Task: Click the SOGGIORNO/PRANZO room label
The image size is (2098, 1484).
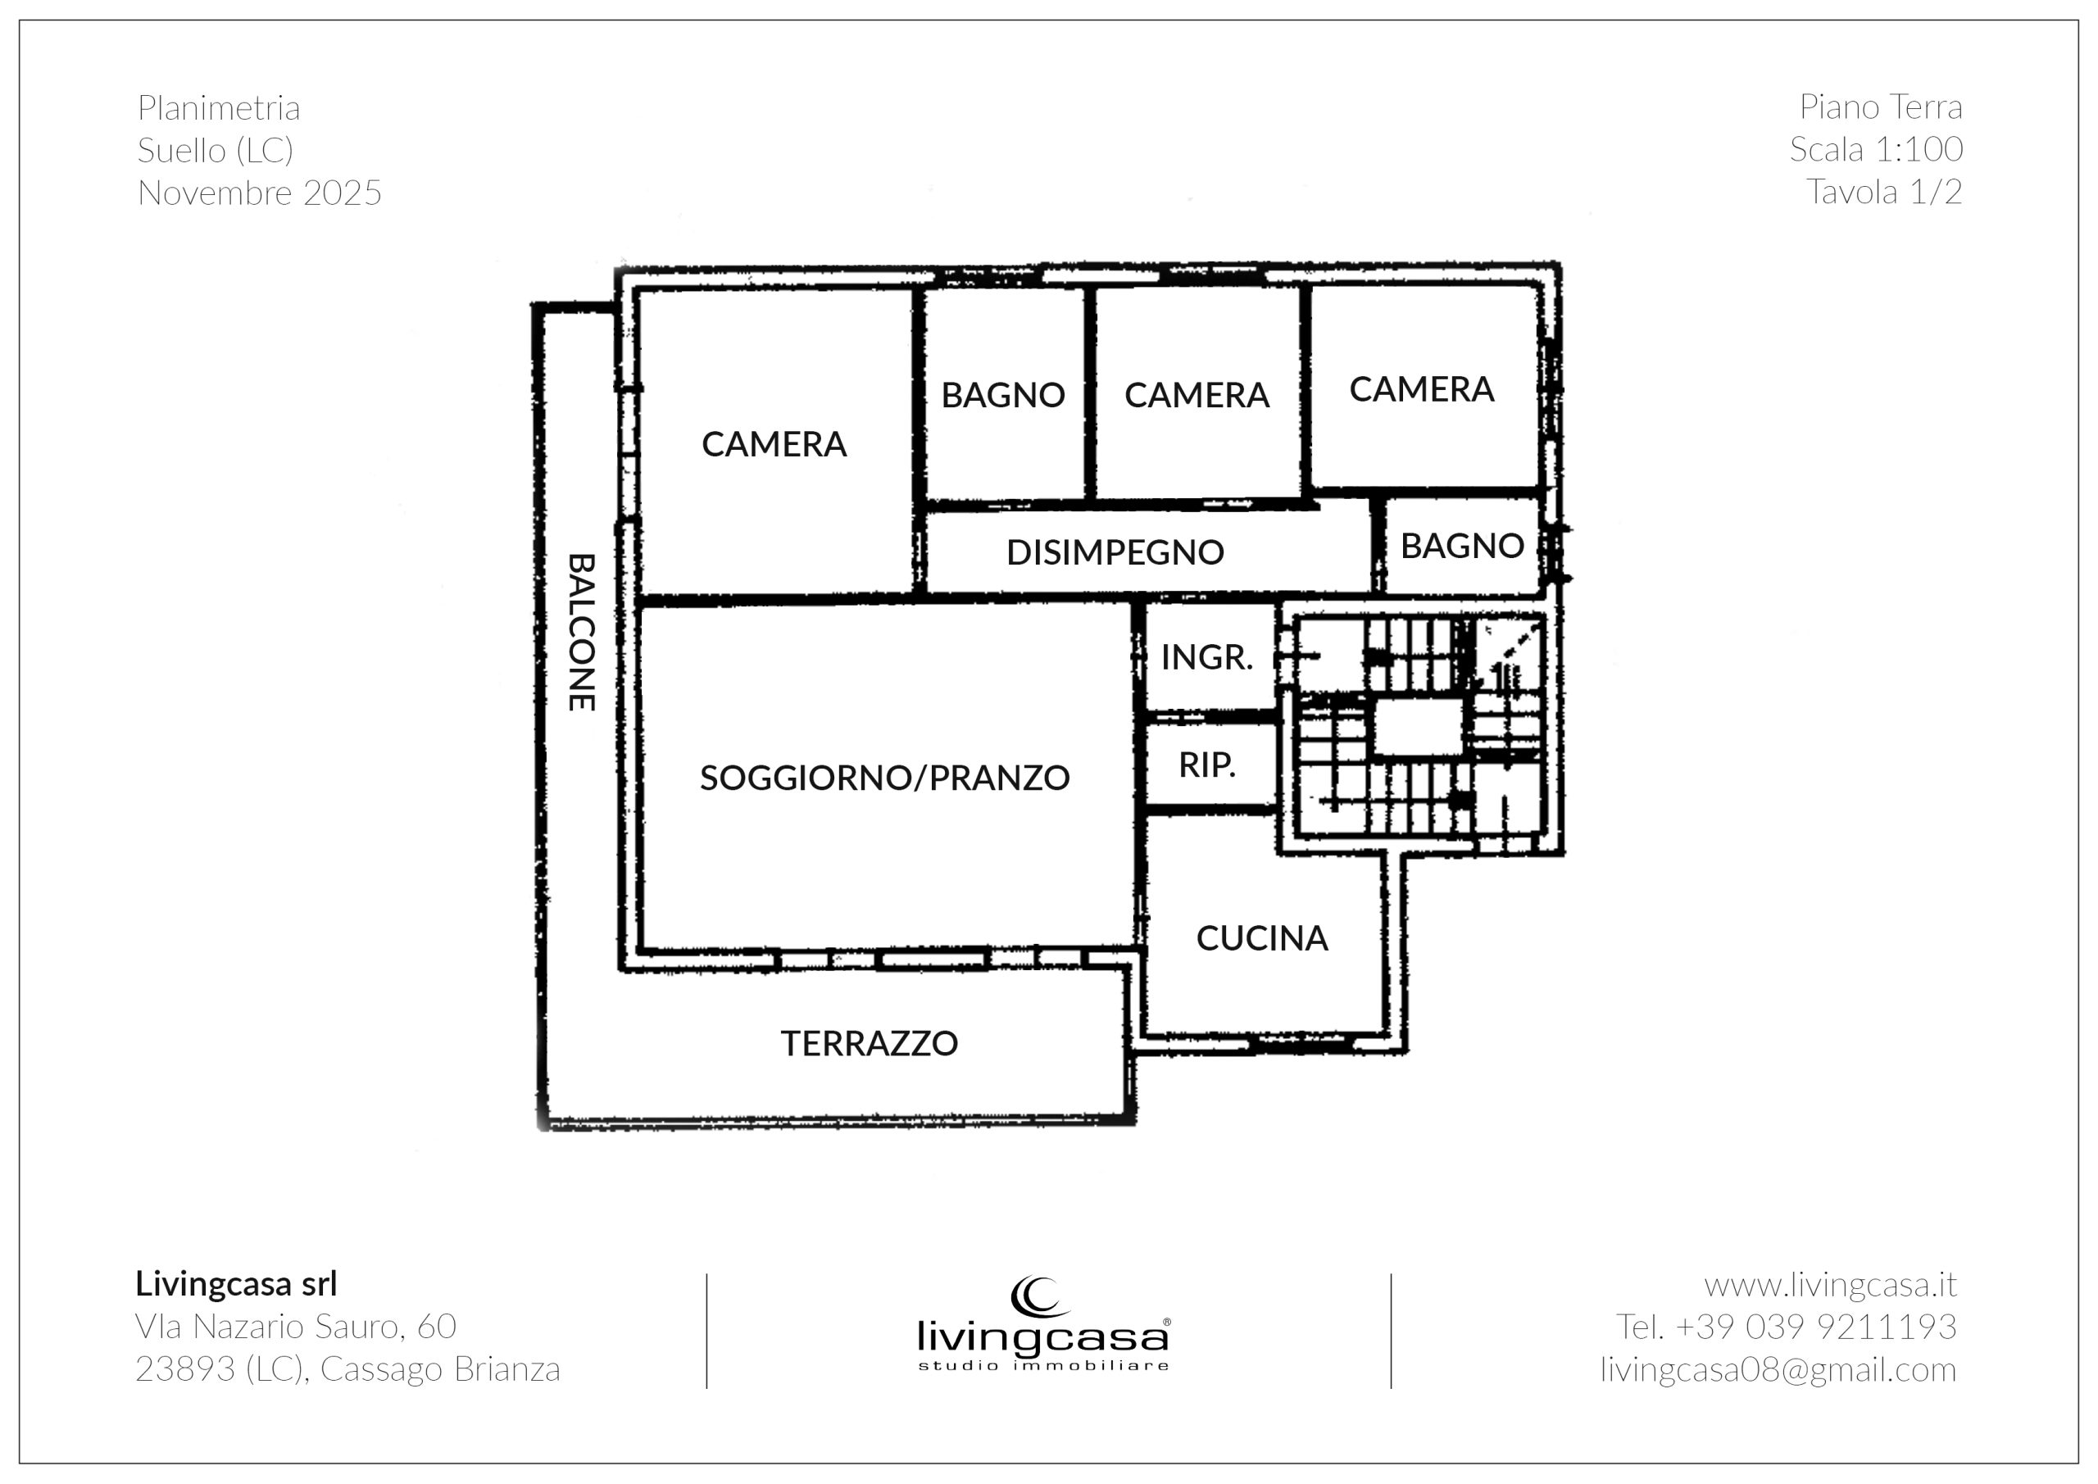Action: point(884,778)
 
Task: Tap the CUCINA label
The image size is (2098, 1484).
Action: point(1262,938)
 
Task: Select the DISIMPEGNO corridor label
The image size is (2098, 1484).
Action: point(1115,552)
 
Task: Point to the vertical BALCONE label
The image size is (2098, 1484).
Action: point(582,632)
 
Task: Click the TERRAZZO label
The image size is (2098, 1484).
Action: point(869,1043)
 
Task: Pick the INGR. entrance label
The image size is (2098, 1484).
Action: point(1207,657)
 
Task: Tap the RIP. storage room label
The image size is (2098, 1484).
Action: point(1207,765)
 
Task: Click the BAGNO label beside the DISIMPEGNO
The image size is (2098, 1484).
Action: point(1462,546)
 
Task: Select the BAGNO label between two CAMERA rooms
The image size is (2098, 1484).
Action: point(1003,395)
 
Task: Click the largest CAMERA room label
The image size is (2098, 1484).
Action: point(774,444)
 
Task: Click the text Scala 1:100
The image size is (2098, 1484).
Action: point(1876,149)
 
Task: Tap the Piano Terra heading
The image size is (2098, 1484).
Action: point(1881,107)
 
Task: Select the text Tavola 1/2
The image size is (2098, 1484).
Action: point(1884,192)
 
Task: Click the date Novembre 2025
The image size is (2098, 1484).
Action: point(260,193)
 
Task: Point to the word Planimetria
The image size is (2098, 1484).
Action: point(220,108)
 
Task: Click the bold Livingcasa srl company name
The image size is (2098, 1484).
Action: point(237,1284)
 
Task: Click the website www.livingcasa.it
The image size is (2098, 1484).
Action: point(1830,1285)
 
